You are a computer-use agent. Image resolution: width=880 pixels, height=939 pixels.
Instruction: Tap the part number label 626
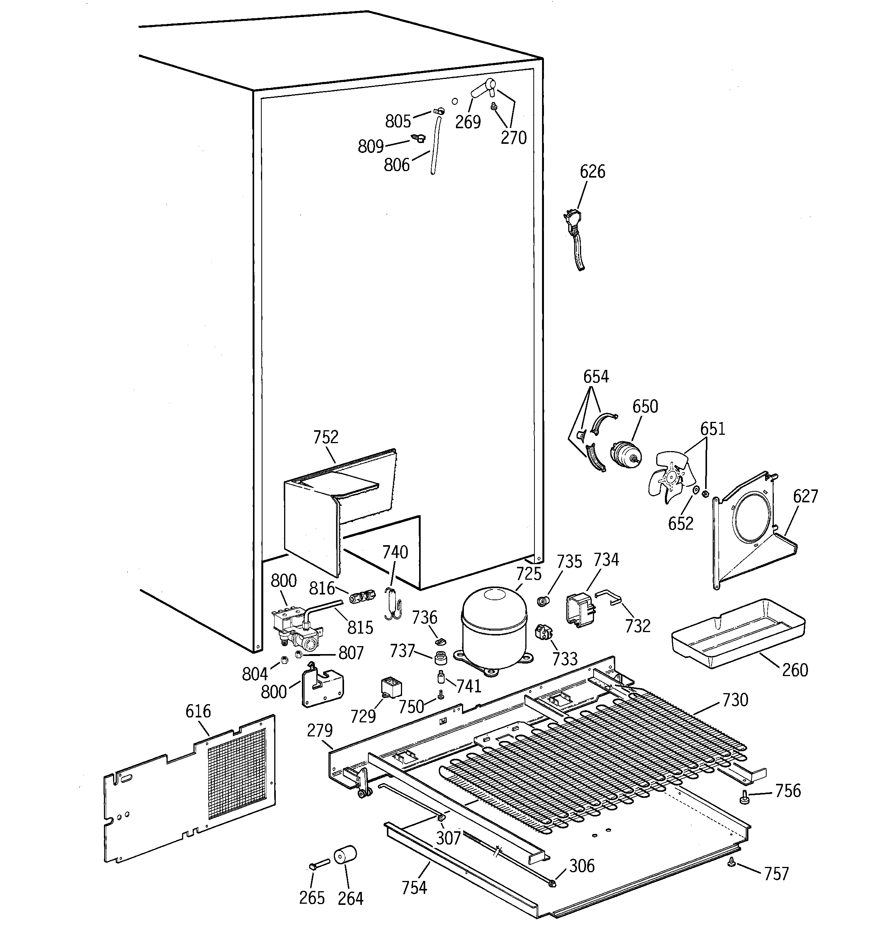(592, 171)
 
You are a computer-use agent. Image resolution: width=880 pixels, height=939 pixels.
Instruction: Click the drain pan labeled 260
(737, 633)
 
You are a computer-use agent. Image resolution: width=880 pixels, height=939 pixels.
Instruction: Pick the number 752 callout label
(326, 437)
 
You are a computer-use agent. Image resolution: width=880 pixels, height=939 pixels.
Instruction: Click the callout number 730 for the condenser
(735, 700)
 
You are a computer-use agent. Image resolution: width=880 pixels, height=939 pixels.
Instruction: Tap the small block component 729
(391, 688)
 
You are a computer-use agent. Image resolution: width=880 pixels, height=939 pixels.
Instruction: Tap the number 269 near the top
(468, 122)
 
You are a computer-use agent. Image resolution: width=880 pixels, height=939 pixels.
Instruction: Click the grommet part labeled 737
(441, 657)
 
